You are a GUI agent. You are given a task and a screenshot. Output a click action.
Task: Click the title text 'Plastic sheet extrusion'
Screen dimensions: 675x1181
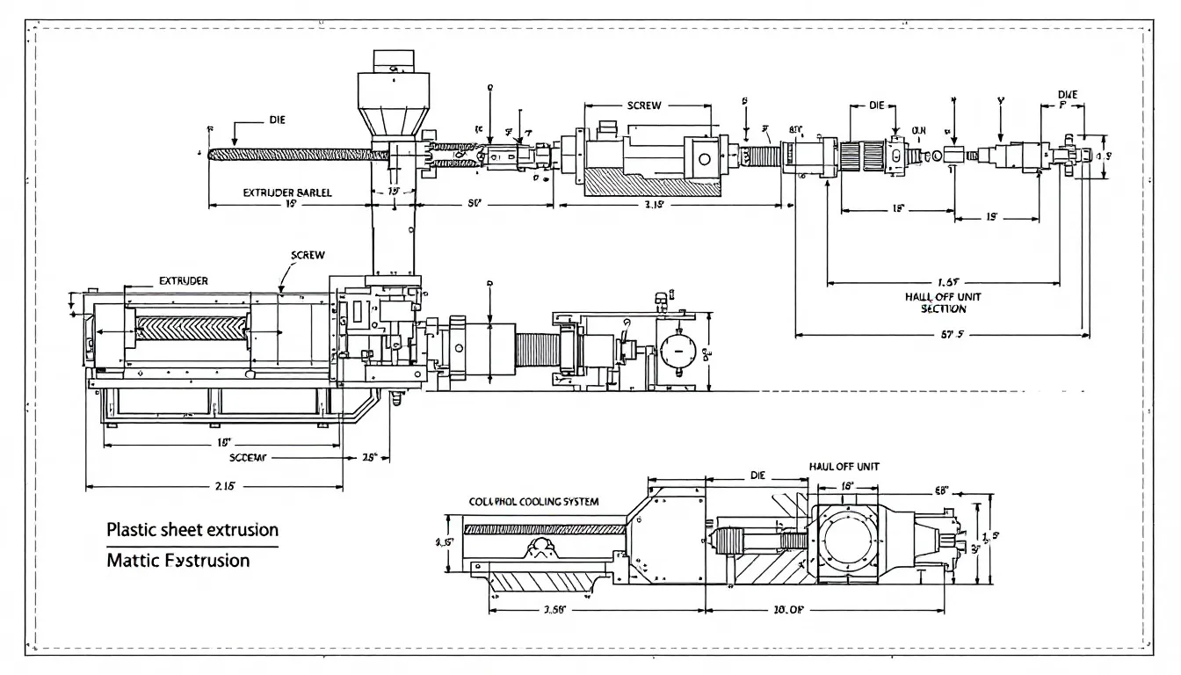click(x=192, y=530)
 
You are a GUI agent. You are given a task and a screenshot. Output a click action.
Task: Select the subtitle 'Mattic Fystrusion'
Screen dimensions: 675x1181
click(x=178, y=560)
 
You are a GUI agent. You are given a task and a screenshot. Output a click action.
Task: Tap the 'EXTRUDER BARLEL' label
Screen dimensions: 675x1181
click(x=287, y=192)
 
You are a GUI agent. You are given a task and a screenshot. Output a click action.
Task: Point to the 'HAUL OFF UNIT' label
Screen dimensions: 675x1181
click(x=843, y=467)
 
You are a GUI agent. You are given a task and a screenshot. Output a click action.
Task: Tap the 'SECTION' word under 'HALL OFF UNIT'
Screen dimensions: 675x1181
click(x=943, y=308)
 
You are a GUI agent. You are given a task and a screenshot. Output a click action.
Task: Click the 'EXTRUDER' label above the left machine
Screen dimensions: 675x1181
click(x=183, y=281)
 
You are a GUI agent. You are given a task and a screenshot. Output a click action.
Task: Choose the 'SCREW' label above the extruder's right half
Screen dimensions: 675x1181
click(x=307, y=255)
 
